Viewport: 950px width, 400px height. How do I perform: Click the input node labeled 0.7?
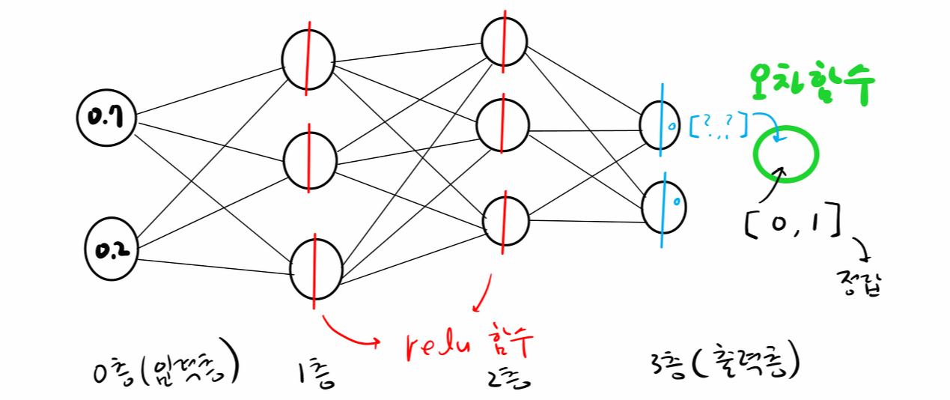[x=106, y=118]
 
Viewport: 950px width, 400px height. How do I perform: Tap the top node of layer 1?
[x=308, y=61]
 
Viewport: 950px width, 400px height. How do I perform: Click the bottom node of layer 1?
[x=316, y=270]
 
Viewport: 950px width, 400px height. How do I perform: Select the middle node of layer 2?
[x=504, y=124]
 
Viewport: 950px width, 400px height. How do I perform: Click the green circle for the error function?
[x=787, y=153]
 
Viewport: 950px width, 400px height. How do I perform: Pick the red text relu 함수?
[x=469, y=345]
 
